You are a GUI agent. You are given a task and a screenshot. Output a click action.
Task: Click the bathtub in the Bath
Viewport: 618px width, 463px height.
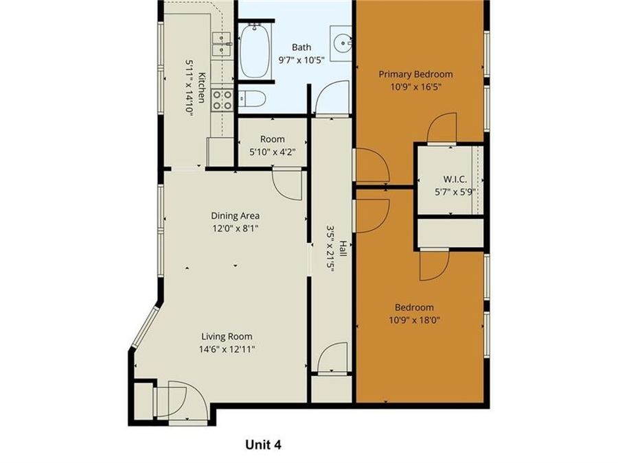[255, 51]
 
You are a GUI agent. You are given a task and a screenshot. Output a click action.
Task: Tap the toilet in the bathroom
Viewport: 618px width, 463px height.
[252, 100]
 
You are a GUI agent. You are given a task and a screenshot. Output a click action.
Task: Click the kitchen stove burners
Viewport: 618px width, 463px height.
[222, 100]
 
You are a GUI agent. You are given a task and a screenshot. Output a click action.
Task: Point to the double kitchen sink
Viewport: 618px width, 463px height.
[221, 44]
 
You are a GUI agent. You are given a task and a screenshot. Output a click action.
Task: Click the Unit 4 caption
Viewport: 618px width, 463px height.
[264, 444]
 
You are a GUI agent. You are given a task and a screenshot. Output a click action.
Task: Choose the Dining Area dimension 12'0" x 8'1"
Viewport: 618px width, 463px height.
[235, 228]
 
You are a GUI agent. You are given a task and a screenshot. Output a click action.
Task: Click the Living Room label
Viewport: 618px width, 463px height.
[227, 336]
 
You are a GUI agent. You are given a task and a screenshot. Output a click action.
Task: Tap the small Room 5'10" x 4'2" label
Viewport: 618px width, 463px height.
[272, 139]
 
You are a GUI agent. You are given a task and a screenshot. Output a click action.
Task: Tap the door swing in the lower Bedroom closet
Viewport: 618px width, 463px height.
[433, 264]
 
